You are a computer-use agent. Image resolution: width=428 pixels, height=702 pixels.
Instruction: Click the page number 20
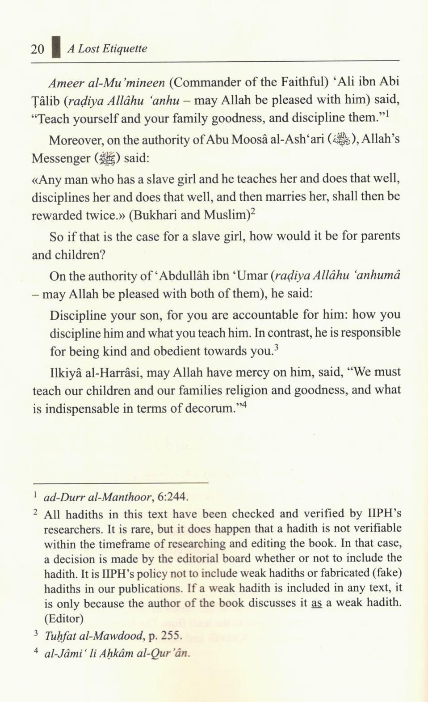(x=38, y=49)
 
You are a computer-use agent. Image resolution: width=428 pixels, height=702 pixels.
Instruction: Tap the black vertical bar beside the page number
(x=56, y=47)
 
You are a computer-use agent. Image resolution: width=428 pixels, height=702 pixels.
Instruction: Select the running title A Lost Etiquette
(x=107, y=49)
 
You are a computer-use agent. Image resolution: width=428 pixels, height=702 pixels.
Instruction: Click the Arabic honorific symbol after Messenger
(x=107, y=158)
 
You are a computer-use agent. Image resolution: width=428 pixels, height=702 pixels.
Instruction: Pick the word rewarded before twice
(x=57, y=216)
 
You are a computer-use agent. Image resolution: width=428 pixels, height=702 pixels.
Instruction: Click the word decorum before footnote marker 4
(x=210, y=409)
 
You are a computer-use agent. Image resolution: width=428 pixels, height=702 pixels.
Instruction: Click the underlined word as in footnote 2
(x=316, y=603)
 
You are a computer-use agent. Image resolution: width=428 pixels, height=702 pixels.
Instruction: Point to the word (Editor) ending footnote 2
(x=64, y=619)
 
